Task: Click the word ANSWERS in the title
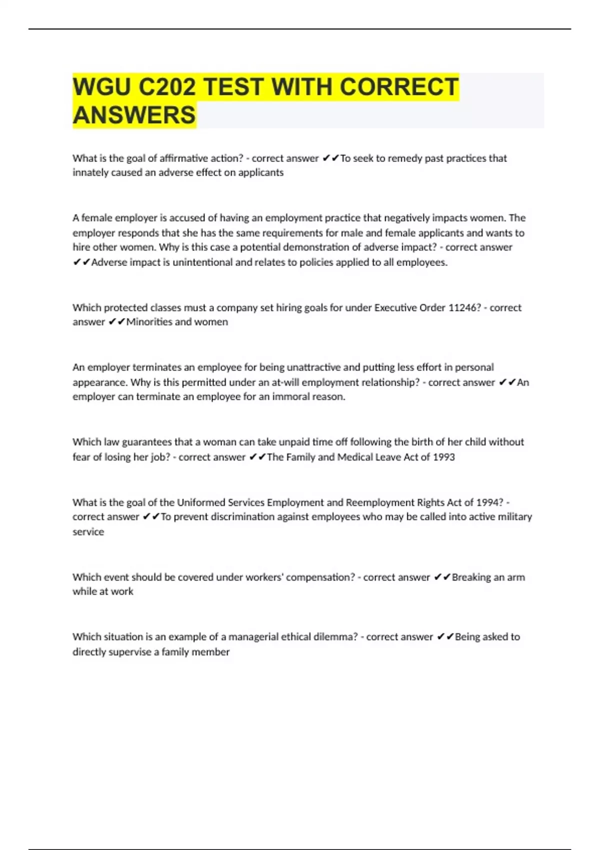coord(134,115)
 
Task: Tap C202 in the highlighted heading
coord(166,87)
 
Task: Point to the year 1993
coord(444,457)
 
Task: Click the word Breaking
coord(471,577)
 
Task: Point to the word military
coord(516,517)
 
